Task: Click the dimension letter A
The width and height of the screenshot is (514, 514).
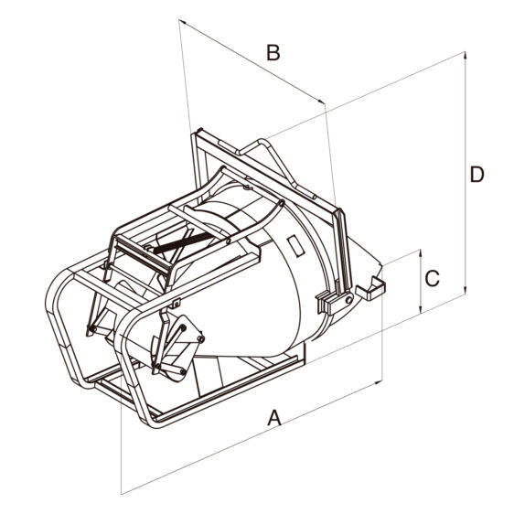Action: tap(274, 418)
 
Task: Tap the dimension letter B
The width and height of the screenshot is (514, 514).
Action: tap(273, 53)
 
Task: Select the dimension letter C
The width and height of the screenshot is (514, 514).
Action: tap(432, 279)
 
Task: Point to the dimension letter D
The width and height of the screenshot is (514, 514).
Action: tap(477, 175)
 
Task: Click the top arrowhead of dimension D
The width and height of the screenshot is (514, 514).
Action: tap(465, 55)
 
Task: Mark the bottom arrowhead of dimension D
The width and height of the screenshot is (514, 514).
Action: tap(465, 291)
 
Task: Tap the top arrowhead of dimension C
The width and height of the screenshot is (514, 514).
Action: tap(420, 253)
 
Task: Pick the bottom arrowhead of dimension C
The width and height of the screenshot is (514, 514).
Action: tap(420, 310)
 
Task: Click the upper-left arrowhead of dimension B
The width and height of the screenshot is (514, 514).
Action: tap(182, 22)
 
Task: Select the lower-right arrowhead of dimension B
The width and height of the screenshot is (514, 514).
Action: tap(321, 101)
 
